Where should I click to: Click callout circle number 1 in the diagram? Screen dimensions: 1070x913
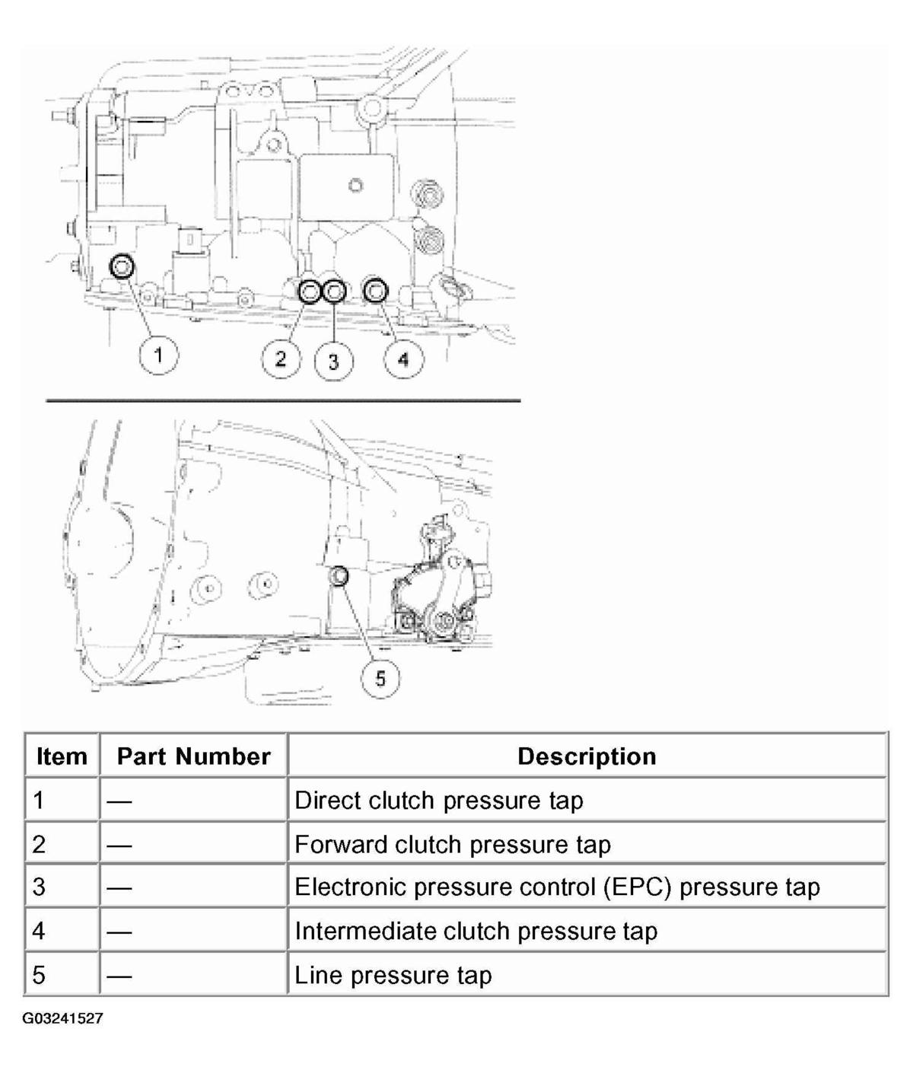[x=158, y=355]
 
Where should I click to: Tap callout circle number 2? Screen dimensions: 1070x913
[x=281, y=358]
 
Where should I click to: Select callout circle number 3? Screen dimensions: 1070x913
[x=334, y=361]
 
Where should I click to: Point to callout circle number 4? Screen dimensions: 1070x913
[x=403, y=358]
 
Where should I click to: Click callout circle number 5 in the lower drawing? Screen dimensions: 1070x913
[x=380, y=677]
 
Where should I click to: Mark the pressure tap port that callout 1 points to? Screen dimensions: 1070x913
[x=122, y=266]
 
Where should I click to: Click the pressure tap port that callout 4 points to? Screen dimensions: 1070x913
[x=376, y=290]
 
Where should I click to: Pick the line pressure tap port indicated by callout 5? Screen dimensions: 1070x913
[x=339, y=576]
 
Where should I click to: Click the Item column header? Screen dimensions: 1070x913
[x=62, y=756]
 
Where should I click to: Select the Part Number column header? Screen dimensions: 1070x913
[x=193, y=756]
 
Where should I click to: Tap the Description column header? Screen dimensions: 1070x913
[x=587, y=756]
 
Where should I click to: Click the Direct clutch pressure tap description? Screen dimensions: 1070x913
[x=438, y=800]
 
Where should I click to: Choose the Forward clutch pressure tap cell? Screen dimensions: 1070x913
[x=452, y=844]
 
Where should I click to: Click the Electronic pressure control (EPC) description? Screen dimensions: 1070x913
[x=557, y=887]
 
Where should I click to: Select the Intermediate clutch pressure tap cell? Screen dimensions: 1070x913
[x=476, y=931]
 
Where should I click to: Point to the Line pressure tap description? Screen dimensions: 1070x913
[x=393, y=975]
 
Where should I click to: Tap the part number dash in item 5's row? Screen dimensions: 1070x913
[x=119, y=975]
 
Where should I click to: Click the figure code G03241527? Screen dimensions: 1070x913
[x=62, y=1018]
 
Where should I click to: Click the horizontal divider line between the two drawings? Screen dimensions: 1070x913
[x=283, y=400]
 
